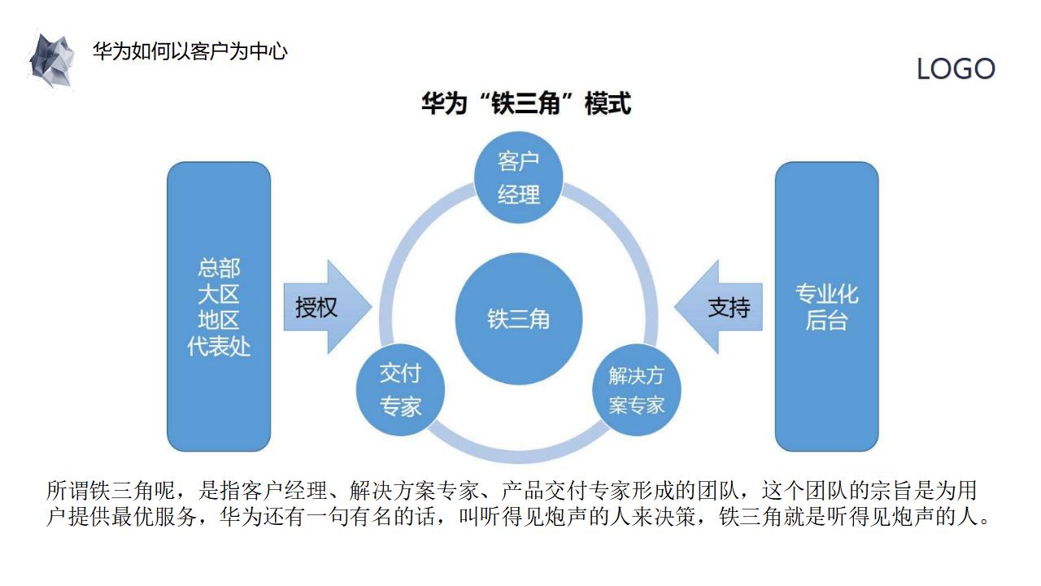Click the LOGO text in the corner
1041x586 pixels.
[x=956, y=69]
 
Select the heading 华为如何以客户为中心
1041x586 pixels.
[x=190, y=52]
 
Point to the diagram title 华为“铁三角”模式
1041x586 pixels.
[x=525, y=104]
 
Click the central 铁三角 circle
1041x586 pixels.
[x=519, y=318]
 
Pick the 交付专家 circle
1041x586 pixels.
[x=401, y=390]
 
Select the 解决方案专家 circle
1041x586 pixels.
[x=636, y=390]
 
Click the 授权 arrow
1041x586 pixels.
[x=323, y=307]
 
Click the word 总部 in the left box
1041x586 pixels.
[x=219, y=268]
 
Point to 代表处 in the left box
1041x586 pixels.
[x=219, y=347]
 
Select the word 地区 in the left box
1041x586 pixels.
[x=219, y=321]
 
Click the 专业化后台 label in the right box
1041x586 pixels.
[x=826, y=307]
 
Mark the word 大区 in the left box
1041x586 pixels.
[x=219, y=294]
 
